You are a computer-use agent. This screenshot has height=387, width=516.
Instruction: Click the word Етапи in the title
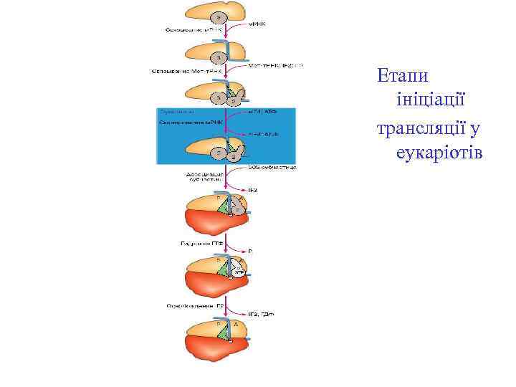tap(401, 75)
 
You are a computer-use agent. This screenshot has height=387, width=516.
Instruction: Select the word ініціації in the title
tap(431, 101)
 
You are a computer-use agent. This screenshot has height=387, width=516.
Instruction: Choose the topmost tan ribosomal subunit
tap(215, 12)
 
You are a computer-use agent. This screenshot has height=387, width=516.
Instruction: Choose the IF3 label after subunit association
tap(253, 190)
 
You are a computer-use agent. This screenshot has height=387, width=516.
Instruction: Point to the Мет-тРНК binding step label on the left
tap(188, 71)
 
